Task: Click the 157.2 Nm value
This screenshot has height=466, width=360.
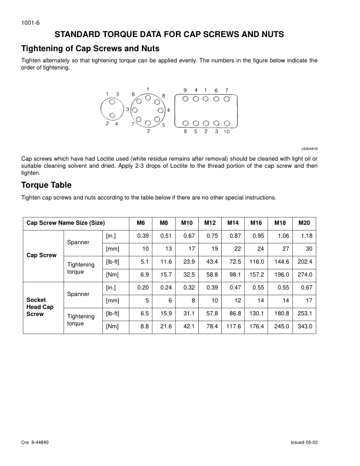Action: point(256,275)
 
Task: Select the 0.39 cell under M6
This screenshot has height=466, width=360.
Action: point(142,236)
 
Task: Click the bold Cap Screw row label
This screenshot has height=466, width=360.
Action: point(41,255)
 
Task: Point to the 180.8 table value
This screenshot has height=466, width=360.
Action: point(280,314)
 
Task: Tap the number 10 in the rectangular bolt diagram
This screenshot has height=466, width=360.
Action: point(227,132)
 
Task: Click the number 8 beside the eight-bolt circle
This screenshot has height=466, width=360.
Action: point(163,95)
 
